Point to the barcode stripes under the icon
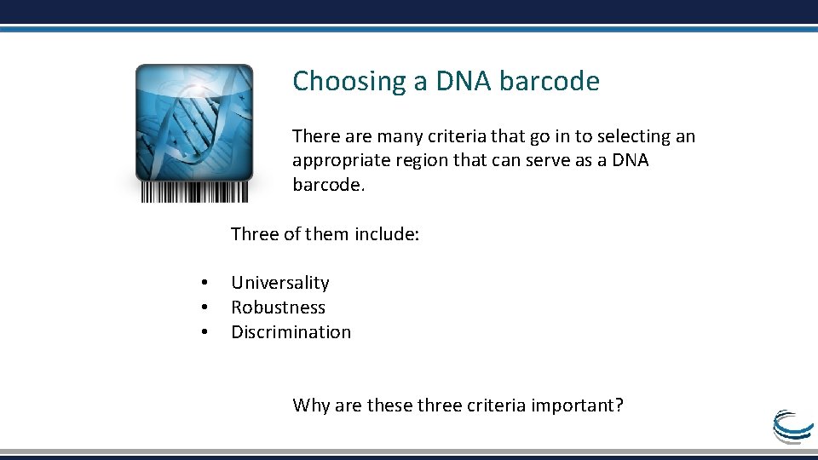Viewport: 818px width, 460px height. [x=194, y=192]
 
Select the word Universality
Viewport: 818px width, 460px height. [x=279, y=283]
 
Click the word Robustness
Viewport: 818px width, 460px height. [x=278, y=308]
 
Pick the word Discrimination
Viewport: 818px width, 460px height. [x=291, y=332]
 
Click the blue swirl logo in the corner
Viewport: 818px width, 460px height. [x=792, y=425]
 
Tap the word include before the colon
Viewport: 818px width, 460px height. [x=386, y=234]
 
